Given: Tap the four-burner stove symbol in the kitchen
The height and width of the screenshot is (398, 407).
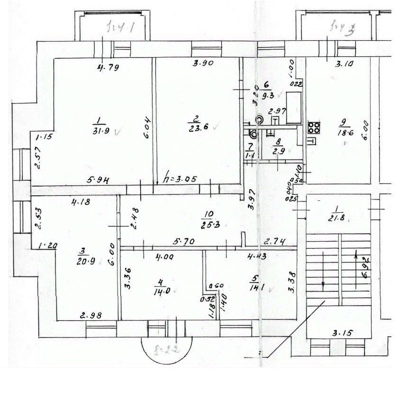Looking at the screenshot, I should (x=314, y=127).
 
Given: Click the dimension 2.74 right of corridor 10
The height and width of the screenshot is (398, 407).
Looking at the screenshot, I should (x=276, y=241).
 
